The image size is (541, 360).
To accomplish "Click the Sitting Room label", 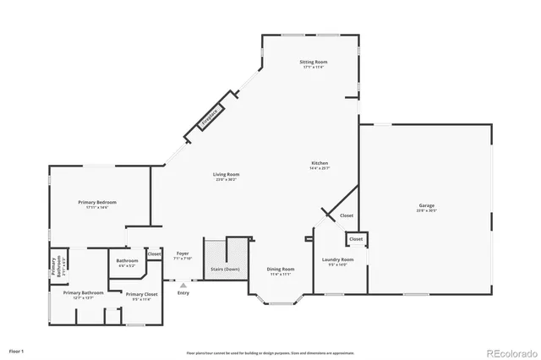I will tap(313, 63).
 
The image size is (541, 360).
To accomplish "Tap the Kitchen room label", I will tap(320, 163).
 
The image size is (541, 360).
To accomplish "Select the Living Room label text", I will tap(226, 174).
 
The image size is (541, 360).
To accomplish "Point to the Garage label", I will tap(427, 206).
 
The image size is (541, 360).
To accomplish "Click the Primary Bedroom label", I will tap(97, 202).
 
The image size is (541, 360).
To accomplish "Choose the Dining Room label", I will tap(281, 269).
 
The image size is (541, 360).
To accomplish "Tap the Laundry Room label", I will tap(333, 259).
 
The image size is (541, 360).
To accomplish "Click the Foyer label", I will tap(182, 253).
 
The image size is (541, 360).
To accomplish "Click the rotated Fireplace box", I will tap(210, 117).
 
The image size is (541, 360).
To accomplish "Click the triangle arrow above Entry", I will tap(183, 286).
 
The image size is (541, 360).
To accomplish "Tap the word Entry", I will tap(183, 293).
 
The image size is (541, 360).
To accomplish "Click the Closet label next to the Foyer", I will tap(154, 254).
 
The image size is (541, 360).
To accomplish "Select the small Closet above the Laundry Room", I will tap(356, 239).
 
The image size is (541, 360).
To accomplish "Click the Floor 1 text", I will tap(17, 350).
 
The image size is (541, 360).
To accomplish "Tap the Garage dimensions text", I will tap(427, 211).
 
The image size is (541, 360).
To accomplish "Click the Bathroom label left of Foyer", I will tap(127, 260).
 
